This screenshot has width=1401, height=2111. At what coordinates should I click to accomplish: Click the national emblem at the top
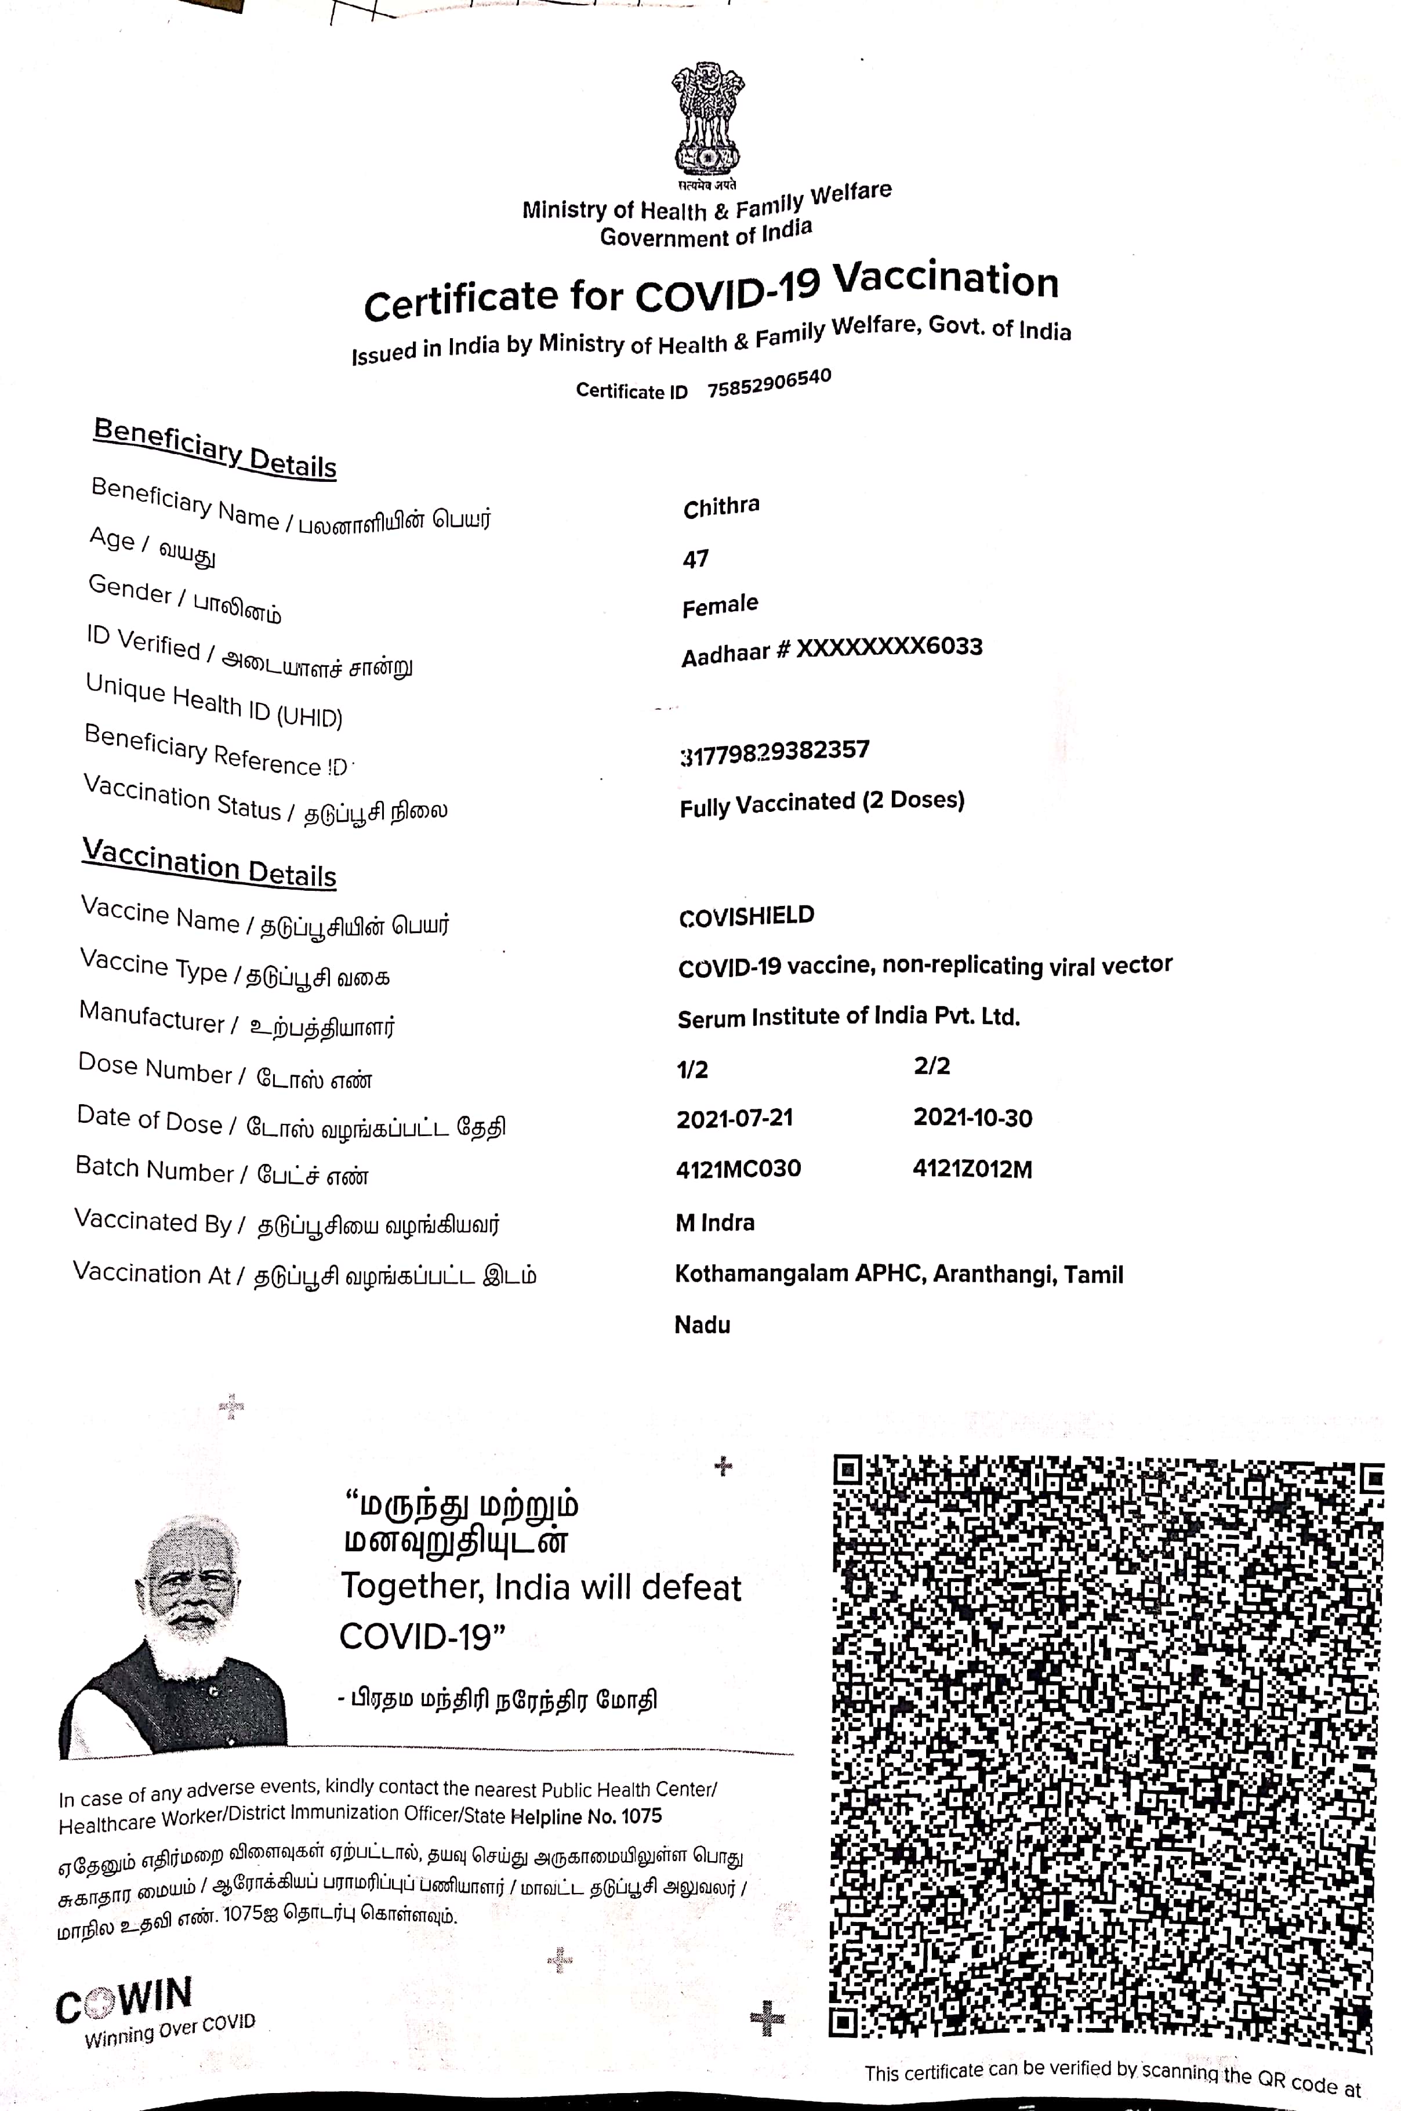pyautogui.click(x=707, y=121)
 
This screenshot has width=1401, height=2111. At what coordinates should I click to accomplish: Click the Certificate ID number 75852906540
pyautogui.click(x=770, y=384)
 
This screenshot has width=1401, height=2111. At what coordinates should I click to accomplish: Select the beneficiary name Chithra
pyautogui.click(x=721, y=506)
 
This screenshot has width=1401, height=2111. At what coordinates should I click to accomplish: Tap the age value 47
pyautogui.click(x=695, y=559)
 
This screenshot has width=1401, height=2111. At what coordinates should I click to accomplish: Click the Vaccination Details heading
pyautogui.click(x=209, y=863)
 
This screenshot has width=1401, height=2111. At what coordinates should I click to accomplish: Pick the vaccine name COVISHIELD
pyautogui.click(x=746, y=916)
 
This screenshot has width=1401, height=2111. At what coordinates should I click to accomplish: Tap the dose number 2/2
pyautogui.click(x=931, y=1066)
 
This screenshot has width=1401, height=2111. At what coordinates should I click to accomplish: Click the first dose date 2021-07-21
pyautogui.click(x=735, y=1119)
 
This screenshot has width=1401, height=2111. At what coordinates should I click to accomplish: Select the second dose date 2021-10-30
pyautogui.click(x=972, y=1118)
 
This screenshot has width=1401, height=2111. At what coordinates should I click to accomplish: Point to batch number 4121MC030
pyautogui.click(x=738, y=1169)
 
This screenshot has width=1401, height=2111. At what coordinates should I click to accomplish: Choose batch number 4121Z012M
pyautogui.click(x=972, y=1169)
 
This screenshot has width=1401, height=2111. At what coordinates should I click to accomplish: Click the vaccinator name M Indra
pyautogui.click(x=715, y=1222)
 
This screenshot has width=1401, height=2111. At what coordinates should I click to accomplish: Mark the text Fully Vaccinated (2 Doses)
pyautogui.click(x=822, y=803)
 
